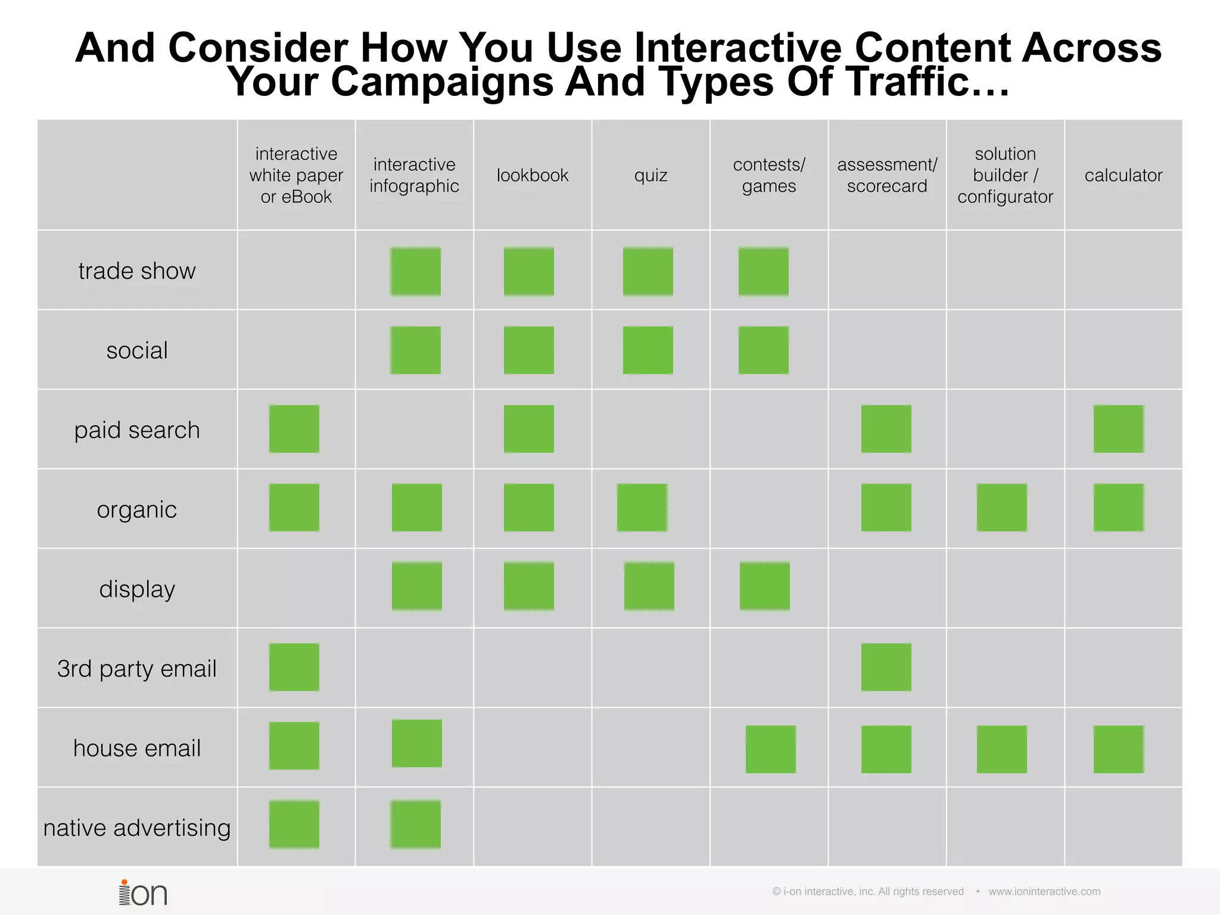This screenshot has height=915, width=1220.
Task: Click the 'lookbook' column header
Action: point(533,175)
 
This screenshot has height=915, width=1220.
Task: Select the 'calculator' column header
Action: point(1123,175)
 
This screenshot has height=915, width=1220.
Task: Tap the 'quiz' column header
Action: point(651,175)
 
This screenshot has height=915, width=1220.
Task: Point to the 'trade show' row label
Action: point(137,271)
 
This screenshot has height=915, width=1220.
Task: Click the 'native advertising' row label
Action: point(137,828)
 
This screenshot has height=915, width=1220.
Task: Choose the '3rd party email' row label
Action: point(137,668)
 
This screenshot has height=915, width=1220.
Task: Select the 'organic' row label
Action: point(137,510)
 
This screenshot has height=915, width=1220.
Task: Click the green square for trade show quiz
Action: point(648,272)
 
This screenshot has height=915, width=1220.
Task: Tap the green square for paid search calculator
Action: point(1119,429)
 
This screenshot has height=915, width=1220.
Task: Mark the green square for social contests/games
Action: point(764,350)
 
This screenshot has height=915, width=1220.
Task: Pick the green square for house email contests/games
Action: point(771,749)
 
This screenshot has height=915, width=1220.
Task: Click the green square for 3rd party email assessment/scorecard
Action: point(886,667)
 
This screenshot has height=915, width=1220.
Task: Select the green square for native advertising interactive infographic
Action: point(416,824)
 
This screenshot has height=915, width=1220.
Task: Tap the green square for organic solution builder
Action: point(1002,508)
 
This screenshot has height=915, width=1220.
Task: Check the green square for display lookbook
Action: point(529,586)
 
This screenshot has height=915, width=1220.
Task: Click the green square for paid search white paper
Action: point(294,429)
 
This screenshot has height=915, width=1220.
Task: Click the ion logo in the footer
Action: point(143,892)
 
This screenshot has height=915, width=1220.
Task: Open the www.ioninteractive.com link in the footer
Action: point(1044,892)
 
